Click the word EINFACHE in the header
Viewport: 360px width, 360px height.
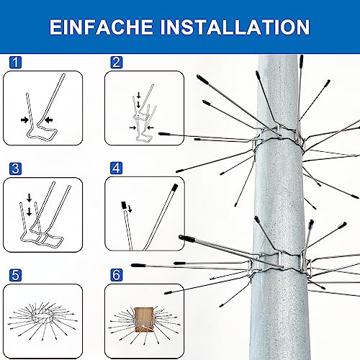pyautogui.click(x=101, y=27)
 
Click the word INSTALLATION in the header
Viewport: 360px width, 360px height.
pyautogui.click(x=235, y=27)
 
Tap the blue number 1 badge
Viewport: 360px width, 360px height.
pyautogui.click(x=15, y=63)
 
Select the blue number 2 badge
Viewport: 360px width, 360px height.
pyautogui.click(x=117, y=63)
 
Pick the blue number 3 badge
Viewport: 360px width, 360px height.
pyautogui.click(x=15, y=168)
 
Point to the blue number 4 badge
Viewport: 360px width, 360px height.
pyautogui.click(x=117, y=168)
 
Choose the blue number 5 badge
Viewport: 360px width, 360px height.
pyautogui.click(x=15, y=275)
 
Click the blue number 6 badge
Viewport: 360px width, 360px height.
pyautogui.click(x=117, y=275)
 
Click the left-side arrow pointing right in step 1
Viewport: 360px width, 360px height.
pyautogui.click(x=24, y=120)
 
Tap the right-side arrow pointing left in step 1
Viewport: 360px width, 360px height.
pyautogui.click(x=49, y=120)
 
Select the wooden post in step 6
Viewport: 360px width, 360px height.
pyautogui.click(x=144, y=320)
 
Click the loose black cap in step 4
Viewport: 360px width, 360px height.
pyautogui.click(x=124, y=205)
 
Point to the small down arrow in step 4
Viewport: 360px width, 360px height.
pyautogui.click(x=130, y=209)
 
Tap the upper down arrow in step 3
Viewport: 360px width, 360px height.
pyautogui.click(x=30, y=198)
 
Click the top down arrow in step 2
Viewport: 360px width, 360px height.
pyautogui.click(x=138, y=95)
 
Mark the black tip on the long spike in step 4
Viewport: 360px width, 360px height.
pyautogui.click(x=175, y=188)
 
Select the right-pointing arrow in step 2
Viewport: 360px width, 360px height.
pyautogui.click(x=132, y=127)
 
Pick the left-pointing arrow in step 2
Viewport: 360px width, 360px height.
pyautogui.click(x=150, y=127)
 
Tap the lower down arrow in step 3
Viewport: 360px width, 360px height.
pyautogui.click(x=30, y=212)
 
